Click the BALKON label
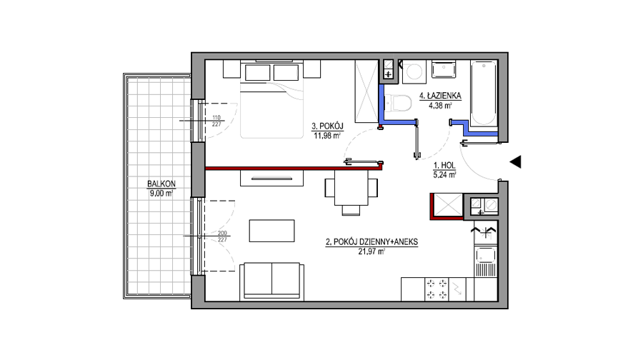(x=161, y=184)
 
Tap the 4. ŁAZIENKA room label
(x=440, y=96)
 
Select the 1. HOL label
(x=444, y=166)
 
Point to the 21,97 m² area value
(x=372, y=251)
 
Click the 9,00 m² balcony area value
(x=161, y=194)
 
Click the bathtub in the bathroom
(x=484, y=93)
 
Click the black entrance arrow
(x=515, y=162)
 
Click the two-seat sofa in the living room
(x=272, y=281)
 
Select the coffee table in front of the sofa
(x=272, y=231)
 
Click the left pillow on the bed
(x=257, y=73)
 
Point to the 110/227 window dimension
(x=216, y=121)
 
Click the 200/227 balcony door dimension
(x=222, y=236)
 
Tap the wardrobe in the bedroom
(x=367, y=91)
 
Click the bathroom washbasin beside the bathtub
(x=444, y=70)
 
